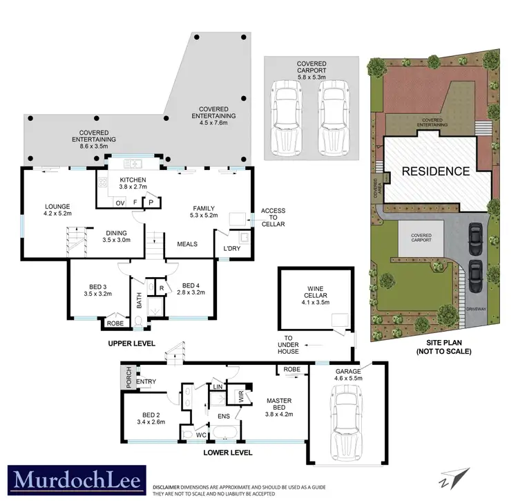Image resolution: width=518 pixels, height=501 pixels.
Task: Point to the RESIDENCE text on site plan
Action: point(435,171)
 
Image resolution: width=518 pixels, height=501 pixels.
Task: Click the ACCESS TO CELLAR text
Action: point(272,217)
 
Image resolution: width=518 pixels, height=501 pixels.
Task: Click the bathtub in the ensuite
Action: point(224,434)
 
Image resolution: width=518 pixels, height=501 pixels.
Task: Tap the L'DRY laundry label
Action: point(231,248)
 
